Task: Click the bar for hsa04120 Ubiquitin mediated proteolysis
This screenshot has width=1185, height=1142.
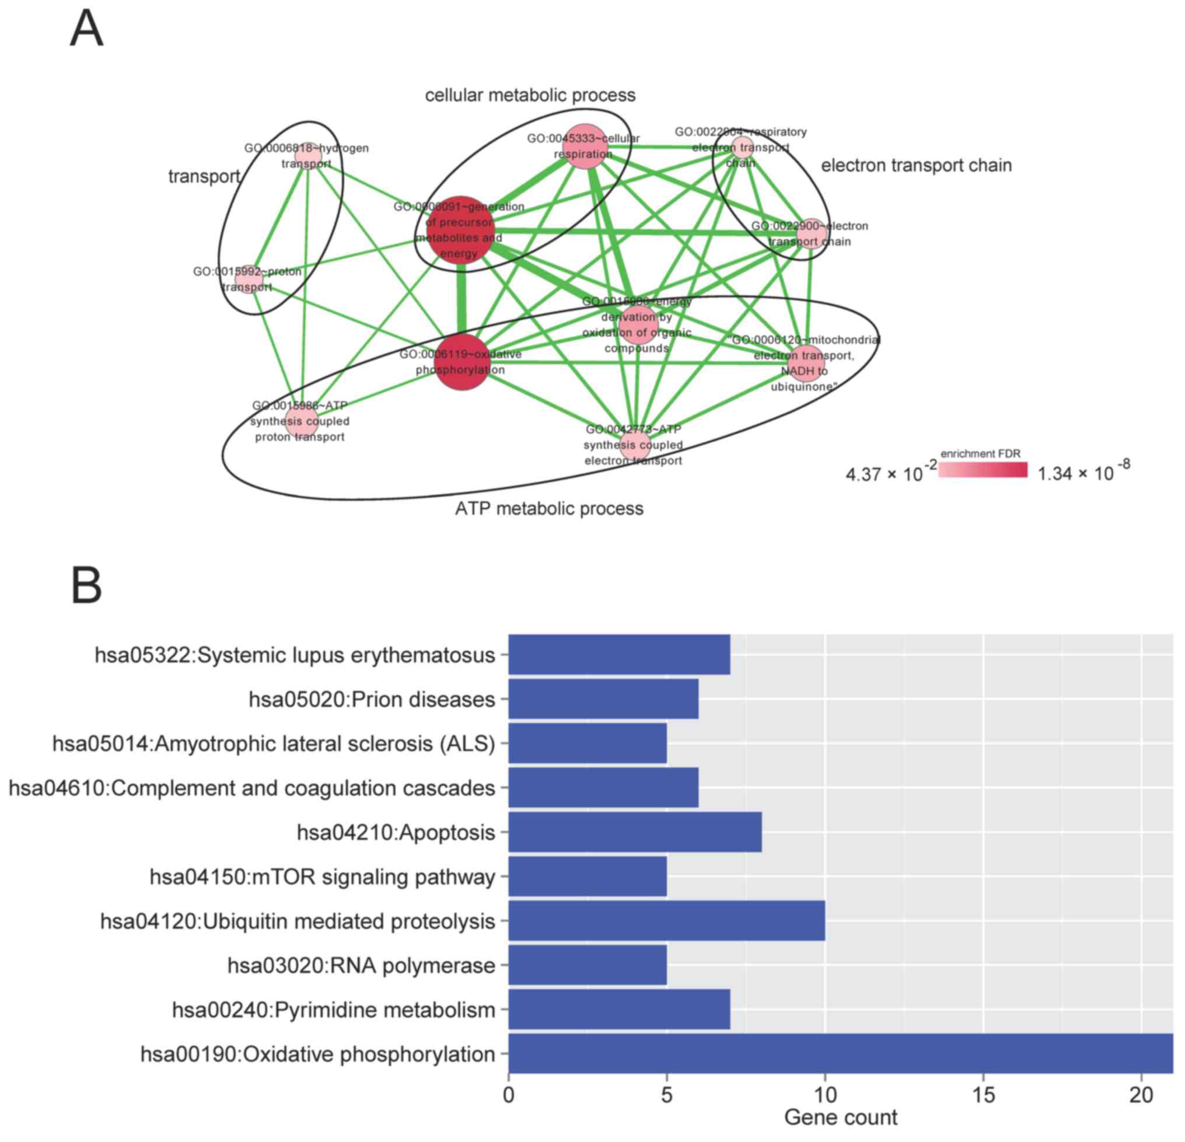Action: click(666, 920)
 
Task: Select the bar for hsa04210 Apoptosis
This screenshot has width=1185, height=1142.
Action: click(635, 832)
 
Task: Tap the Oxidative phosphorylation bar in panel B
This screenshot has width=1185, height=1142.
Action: click(840, 1053)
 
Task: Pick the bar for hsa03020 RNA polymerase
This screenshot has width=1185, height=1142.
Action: click(587, 965)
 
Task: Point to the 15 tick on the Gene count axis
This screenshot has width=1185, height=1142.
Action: click(984, 1095)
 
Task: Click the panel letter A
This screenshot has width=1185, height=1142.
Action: click(86, 29)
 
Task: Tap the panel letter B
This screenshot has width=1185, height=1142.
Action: click(86, 585)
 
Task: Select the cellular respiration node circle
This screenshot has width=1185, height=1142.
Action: click(585, 147)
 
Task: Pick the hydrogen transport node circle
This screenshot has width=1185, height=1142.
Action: click(307, 156)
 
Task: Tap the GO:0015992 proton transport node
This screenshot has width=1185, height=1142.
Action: click(249, 280)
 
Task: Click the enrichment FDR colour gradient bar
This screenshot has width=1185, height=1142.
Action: click(983, 470)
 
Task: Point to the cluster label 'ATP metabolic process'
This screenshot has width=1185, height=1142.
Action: click(549, 508)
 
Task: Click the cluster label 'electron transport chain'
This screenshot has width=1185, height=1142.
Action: click(916, 165)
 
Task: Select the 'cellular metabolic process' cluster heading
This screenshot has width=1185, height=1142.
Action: click(530, 95)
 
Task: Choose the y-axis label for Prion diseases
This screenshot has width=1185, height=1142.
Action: click(372, 700)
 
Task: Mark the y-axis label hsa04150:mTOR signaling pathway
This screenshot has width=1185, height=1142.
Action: click(322, 876)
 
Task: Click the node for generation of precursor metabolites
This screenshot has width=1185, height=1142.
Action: click(461, 231)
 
